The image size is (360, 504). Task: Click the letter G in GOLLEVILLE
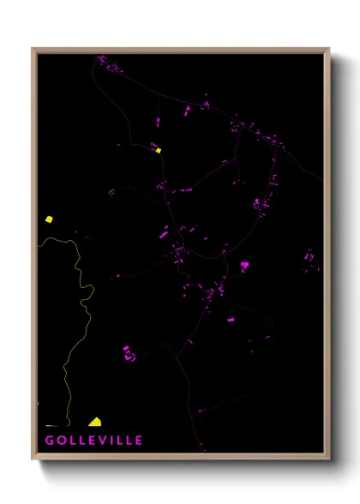click(x=51, y=441)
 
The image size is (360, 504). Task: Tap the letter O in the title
click(x=63, y=441)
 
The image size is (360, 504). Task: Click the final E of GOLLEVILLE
click(x=139, y=441)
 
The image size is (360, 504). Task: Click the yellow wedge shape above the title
click(x=95, y=422)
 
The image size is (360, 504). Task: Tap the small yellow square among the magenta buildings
click(x=159, y=151)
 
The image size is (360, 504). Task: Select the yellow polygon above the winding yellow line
click(x=49, y=219)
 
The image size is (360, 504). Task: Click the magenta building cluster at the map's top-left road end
click(x=108, y=62)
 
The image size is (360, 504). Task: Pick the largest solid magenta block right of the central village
click(x=244, y=267)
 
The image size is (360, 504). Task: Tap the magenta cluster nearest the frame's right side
click(x=311, y=258)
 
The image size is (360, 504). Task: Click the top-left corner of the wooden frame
click(x=33, y=49)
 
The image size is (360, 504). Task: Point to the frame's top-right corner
click(x=328, y=49)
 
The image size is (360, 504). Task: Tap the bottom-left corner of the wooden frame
click(x=33, y=458)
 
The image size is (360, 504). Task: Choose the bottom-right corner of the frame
click(x=328, y=458)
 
